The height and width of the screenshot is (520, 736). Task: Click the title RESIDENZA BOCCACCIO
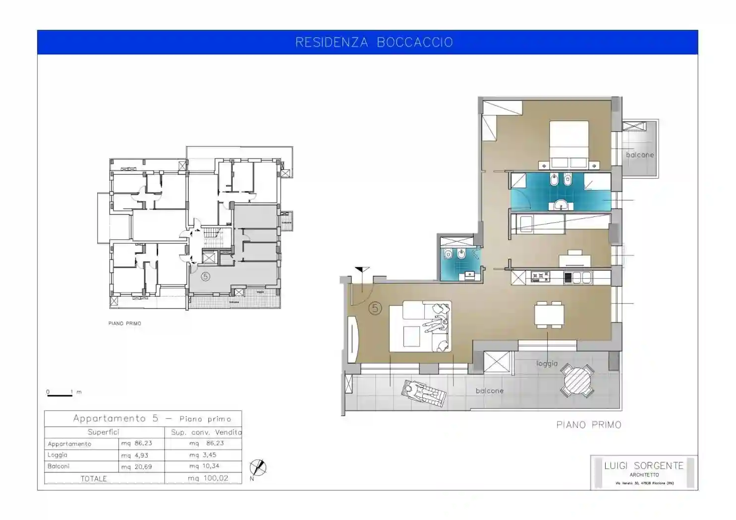[x=374, y=42]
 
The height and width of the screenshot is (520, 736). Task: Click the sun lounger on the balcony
[x=423, y=394]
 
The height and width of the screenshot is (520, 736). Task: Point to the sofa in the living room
[x=420, y=326]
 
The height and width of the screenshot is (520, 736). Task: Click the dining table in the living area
[x=549, y=315]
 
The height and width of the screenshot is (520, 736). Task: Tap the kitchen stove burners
[x=540, y=277]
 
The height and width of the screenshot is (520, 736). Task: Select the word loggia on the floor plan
[x=547, y=364]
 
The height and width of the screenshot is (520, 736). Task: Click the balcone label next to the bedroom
[x=639, y=155]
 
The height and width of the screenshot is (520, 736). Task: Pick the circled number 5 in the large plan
[x=375, y=309]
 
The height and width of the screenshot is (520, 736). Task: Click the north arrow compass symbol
[x=258, y=468]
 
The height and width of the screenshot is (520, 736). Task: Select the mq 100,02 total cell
[x=208, y=478]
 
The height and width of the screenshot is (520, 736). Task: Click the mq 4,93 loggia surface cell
[x=135, y=455]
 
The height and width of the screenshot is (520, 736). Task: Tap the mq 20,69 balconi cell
[x=136, y=467]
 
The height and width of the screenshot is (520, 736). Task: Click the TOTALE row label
[x=94, y=478]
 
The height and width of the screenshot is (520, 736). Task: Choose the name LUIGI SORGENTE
[x=643, y=466]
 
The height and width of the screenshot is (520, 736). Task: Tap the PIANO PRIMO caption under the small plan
[x=125, y=323]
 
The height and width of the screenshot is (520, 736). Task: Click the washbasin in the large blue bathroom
[x=560, y=205]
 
